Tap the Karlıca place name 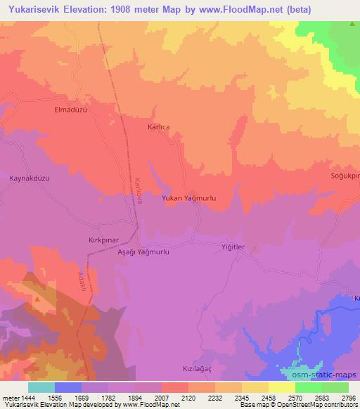coord(158,127)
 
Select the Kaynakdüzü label coord(30,178)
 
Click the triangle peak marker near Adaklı coord(37,298)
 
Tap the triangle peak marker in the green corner coord(352,24)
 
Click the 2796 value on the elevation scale coord(349,398)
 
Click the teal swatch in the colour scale coord(41,387)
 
